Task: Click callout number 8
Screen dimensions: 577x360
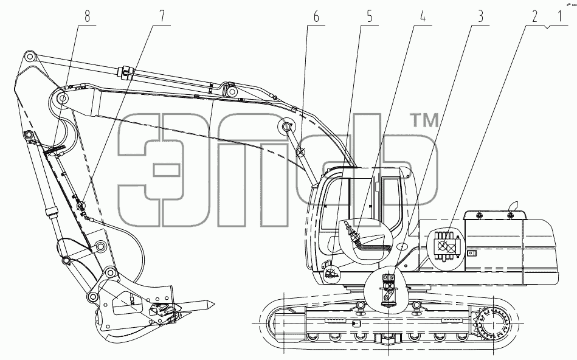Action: [x=87, y=16]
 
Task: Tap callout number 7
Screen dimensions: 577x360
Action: [x=162, y=16]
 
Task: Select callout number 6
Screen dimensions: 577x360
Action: [x=316, y=16]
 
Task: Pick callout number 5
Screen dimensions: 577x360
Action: [x=370, y=16]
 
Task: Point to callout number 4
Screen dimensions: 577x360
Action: [x=423, y=16]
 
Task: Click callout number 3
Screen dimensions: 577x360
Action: [x=480, y=16]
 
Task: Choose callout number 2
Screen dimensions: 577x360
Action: [x=534, y=16]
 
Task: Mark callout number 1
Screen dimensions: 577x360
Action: [x=560, y=16]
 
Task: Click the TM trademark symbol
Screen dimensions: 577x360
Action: [x=424, y=120]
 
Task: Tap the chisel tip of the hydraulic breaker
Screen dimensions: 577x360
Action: [x=213, y=303]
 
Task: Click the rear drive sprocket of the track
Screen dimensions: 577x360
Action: [x=492, y=324]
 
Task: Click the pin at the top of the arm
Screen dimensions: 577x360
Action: [x=30, y=57]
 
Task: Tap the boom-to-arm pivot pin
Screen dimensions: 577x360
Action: [x=63, y=99]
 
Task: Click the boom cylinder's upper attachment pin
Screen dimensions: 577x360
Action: [x=286, y=126]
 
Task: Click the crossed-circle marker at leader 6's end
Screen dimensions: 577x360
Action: [x=301, y=151]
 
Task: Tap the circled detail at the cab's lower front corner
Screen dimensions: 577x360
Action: [x=331, y=273]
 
